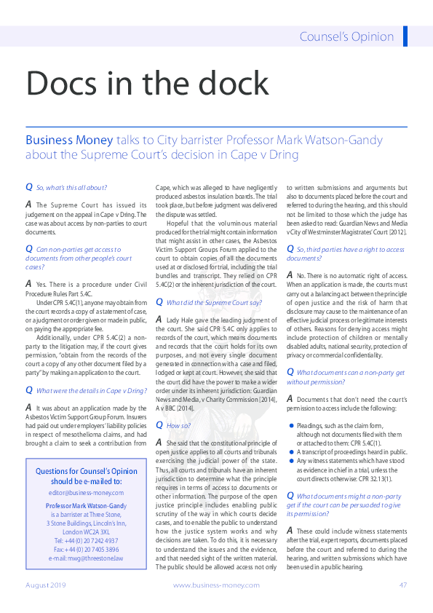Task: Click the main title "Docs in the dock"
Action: (x=147, y=84)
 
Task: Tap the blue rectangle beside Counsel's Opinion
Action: (x=405, y=36)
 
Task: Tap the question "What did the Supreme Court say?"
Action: (x=214, y=301)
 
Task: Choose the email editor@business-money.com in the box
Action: (x=87, y=493)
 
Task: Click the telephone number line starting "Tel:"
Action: (x=87, y=540)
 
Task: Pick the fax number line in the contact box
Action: (x=87, y=549)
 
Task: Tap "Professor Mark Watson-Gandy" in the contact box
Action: (x=87, y=505)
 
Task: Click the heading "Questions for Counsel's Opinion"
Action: (x=87, y=471)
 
